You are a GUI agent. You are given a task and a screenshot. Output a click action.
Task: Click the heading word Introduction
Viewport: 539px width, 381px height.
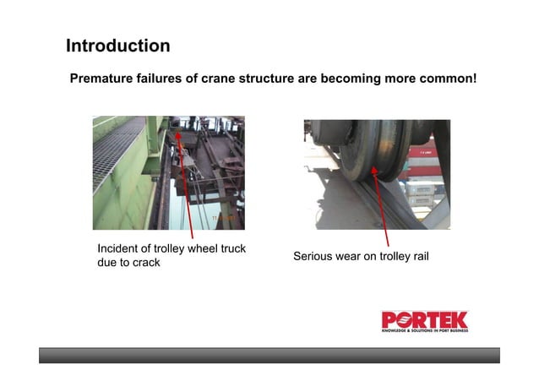pyautogui.click(x=117, y=46)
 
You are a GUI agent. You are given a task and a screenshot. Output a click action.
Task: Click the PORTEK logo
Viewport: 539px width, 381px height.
pyautogui.click(x=424, y=321)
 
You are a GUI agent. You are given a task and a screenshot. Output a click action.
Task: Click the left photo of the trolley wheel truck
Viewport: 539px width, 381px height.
pyautogui.click(x=168, y=172)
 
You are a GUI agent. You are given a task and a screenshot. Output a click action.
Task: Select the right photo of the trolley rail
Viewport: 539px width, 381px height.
pyautogui.click(x=377, y=174)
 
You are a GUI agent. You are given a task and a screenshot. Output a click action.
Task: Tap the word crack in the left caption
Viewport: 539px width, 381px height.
pyautogui.click(x=143, y=263)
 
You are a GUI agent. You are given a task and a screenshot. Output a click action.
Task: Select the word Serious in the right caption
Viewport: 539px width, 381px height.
pyautogui.click(x=314, y=256)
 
